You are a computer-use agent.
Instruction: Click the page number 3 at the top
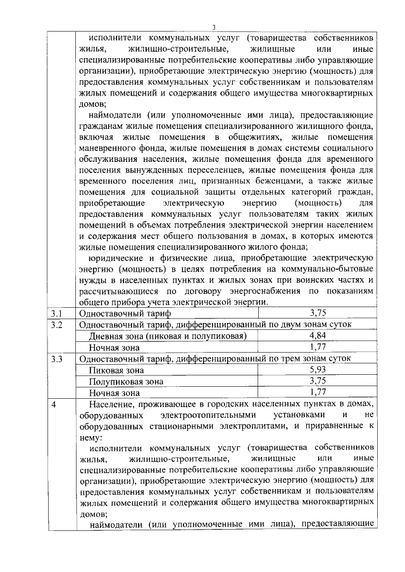(x=214, y=26)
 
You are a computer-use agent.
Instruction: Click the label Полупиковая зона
(x=126, y=381)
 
